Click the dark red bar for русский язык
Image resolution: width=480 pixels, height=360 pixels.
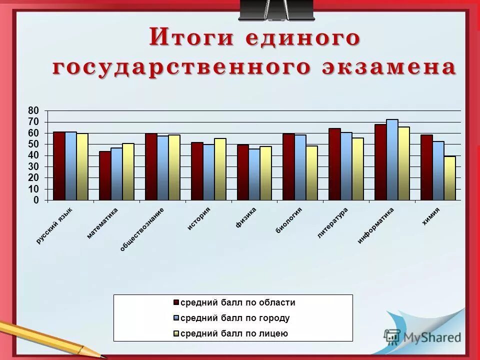point(59,166)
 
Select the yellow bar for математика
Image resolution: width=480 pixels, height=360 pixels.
point(128,172)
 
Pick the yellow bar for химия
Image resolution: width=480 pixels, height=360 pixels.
point(450,178)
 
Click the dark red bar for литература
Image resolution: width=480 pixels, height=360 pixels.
point(334,164)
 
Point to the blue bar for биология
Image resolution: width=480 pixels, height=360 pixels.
point(300,167)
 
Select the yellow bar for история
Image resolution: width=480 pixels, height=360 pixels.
point(220,169)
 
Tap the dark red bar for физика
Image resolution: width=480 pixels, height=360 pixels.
point(242,172)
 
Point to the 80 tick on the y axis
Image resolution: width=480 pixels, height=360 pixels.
point(33,110)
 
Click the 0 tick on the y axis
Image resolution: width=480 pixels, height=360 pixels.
point(36,200)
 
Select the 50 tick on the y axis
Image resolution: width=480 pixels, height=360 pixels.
point(33,144)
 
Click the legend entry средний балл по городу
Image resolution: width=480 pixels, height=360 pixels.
point(234,318)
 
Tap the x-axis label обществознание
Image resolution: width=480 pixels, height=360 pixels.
point(142,229)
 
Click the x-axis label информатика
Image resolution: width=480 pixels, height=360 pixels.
point(376,225)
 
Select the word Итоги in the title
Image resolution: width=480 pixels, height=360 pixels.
point(185,38)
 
